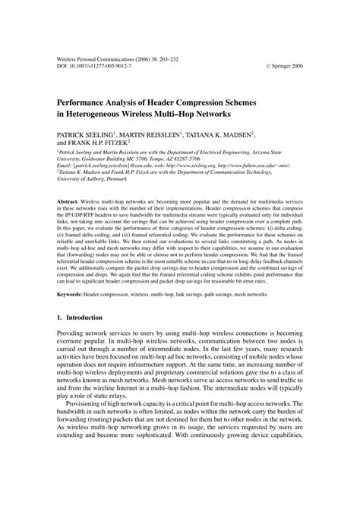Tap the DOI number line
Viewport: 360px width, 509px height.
click(94, 65)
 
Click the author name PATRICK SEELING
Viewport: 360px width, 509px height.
click(87, 133)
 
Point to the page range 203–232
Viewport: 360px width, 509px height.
click(181, 57)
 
